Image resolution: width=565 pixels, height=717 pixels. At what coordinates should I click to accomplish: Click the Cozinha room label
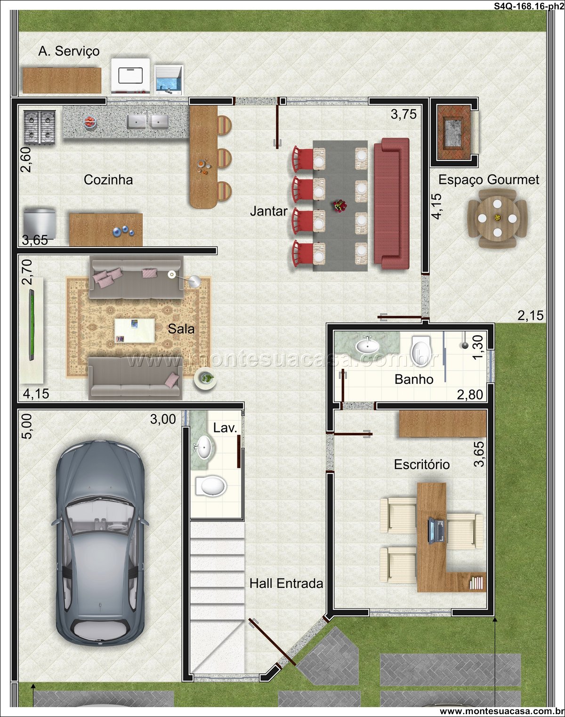(108, 180)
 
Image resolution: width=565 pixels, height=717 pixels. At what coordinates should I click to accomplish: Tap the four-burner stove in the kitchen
(40, 127)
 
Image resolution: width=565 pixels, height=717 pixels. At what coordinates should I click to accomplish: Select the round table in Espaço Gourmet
(497, 218)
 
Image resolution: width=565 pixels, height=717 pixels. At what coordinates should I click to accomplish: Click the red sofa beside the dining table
(392, 203)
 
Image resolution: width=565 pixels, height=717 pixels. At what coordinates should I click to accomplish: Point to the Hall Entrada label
(286, 583)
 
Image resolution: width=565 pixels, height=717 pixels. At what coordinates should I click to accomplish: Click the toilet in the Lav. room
(211, 486)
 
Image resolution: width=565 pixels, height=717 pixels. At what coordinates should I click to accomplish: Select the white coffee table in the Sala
(134, 331)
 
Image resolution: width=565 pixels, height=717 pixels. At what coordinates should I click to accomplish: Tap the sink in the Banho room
(367, 345)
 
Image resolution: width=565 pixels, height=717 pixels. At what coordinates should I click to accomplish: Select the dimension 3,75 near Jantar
(404, 115)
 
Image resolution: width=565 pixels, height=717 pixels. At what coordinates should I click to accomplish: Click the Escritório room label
(421, 464)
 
